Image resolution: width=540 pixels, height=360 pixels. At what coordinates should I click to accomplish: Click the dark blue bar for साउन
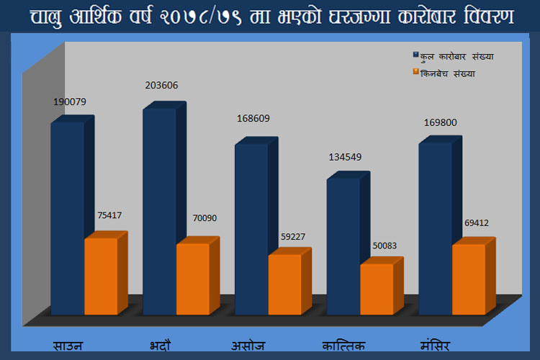67,216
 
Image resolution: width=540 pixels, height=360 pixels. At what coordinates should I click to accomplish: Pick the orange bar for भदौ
193,278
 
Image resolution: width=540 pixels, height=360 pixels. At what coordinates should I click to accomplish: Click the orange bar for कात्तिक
377,288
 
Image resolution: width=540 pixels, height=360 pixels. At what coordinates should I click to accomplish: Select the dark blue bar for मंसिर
435,227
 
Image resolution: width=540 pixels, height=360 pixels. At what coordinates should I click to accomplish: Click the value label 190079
69,102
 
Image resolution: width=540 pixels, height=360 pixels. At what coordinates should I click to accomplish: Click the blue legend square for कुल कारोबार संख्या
415,55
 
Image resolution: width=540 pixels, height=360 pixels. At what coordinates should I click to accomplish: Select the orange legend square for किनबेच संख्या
415,72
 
